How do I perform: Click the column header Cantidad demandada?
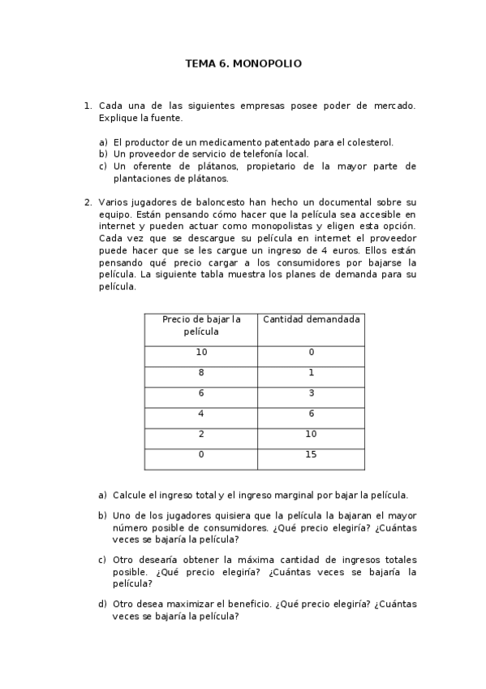(x=311, y=319)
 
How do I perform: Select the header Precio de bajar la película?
(x=201, y=326)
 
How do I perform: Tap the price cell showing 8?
(x=201, y=373)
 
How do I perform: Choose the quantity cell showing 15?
(x=311, y=454)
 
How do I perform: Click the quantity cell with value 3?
(x=311, y=393)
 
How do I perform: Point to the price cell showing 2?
(x=201, y=434)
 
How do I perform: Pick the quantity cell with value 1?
(x=311, y=373)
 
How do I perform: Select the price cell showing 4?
(x=201, y=414)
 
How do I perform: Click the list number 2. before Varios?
(x=88, y=201)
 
